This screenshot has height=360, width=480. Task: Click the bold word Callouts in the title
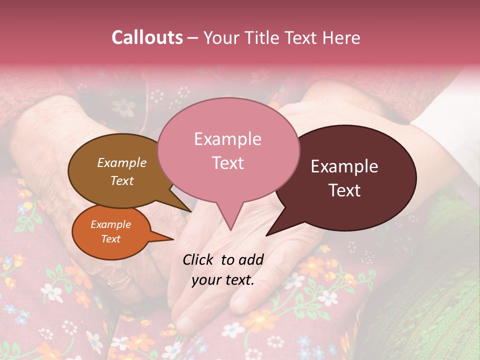tap(147, 37)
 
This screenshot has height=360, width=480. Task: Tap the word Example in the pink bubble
tap(227, 139)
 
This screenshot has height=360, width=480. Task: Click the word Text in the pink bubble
tap(227, 162)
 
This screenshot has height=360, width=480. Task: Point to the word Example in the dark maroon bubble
tap(344, 166)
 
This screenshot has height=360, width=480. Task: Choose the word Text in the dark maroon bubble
tap(344, 190)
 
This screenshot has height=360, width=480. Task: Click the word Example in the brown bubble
tap(122, 162)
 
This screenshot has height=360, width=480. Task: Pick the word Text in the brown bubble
tap(122, 180)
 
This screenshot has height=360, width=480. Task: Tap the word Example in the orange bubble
tap(111, 224)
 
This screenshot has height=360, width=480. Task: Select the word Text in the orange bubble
tap(111, 239)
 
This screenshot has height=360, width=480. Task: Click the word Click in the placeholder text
tap(199, 259)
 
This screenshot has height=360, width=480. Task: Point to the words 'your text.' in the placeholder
tap(223, 280)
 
